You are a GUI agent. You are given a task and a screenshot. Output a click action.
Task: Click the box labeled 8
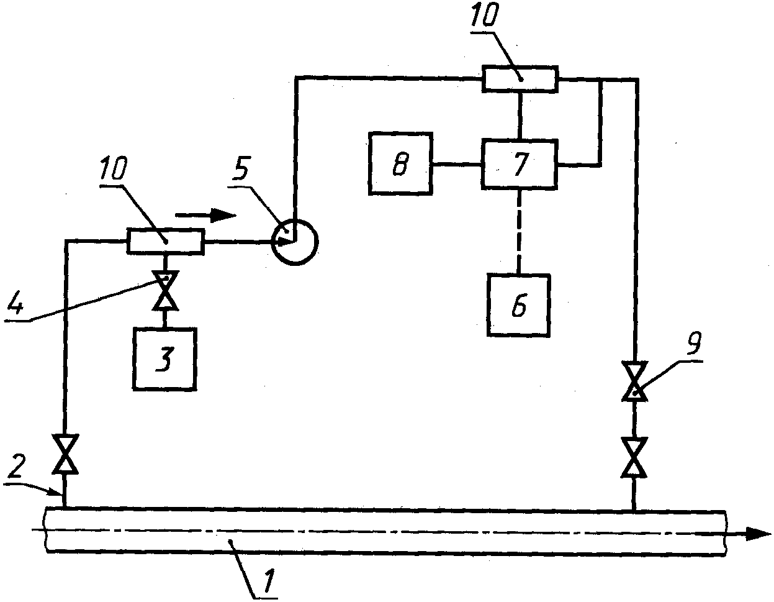tap(400, 163)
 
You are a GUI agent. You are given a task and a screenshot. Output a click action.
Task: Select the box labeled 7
tap(520, 164)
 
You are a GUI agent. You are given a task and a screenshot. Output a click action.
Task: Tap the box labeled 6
tap(519, 305)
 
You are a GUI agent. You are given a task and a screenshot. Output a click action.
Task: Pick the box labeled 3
tap(164, 359)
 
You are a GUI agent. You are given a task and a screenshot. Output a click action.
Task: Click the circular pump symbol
tap(295, 242)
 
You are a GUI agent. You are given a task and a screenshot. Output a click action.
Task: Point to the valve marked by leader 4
tap(165, 291)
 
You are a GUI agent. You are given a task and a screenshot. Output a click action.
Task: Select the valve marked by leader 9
tap(634, 381)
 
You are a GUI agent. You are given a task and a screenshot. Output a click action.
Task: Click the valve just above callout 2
tap(65, 454)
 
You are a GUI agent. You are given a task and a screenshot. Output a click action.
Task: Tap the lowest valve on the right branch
tap(634, 457)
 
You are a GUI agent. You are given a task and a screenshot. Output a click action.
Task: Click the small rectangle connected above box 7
tap(520, 79)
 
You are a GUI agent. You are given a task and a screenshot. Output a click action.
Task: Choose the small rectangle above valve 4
tap(166, 242)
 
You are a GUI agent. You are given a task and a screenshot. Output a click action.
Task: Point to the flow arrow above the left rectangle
tap(205, 216)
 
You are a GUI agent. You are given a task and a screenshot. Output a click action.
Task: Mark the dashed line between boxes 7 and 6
tap(519, 232)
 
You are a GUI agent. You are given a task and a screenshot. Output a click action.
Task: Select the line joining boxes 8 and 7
tap(457, 164)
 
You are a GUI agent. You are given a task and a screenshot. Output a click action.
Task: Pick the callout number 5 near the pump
tap(240, 168)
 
